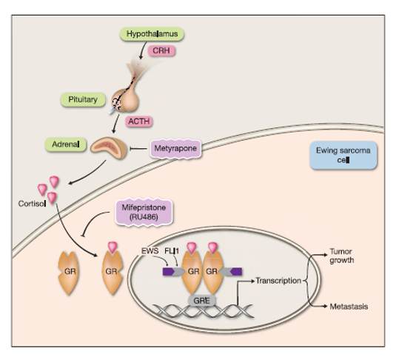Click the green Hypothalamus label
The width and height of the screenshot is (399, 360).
[152, 34]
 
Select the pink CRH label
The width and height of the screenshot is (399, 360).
[161, 50]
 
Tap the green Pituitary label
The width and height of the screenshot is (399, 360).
[83, 99]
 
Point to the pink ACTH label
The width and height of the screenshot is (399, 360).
[139, 121]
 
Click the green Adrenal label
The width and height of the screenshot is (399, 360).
[66, 144]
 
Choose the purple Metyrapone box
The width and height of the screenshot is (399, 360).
[175, 148]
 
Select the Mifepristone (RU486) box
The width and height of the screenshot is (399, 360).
[144, 212]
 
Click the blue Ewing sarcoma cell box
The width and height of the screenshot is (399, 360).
[343, 156]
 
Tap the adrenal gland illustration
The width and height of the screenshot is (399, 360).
[109, 148]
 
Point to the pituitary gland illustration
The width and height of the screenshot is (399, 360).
[125, 100]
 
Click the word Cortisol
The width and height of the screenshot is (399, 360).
[32, 204]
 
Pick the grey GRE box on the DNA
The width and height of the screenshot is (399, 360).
[202, 301]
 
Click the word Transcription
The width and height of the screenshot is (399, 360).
[278, 281]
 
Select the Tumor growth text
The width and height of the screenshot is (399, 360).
[342, 256]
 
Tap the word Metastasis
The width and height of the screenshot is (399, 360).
[349, 307]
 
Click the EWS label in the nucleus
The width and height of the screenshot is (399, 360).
[150, 251]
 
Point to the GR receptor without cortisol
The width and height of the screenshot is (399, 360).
[68, 273]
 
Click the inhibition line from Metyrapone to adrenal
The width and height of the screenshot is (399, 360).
[138, 148]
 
